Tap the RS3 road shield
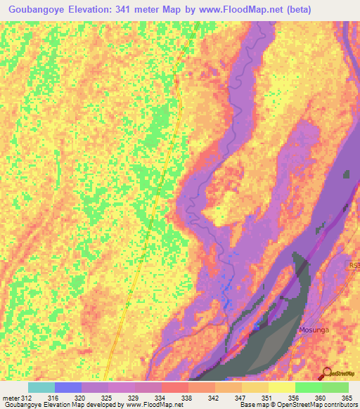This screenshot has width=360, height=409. coord(354,265)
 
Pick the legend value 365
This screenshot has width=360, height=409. coord(348,398)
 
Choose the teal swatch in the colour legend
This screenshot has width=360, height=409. coord(41,387)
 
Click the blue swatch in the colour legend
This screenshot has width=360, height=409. coord(67,387)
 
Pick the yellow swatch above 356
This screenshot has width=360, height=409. coord(281,387)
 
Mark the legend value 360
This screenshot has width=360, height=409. coord(321,398)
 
